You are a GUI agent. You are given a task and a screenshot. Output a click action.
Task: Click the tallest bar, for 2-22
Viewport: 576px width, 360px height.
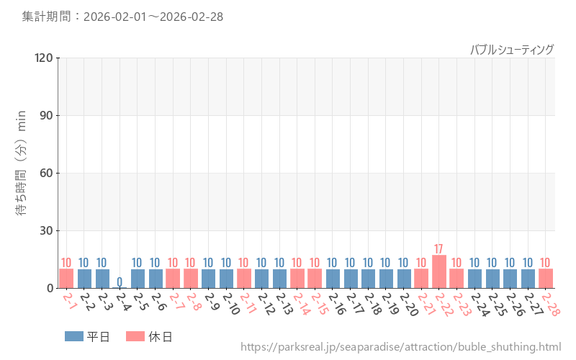[x=438, y=271]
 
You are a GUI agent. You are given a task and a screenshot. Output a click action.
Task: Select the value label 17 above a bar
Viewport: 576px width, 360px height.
[x=438, y=249]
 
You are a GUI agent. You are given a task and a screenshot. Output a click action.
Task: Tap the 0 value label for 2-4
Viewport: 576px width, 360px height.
[x=120, y=282]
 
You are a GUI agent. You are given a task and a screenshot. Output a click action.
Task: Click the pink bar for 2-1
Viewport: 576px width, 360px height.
[x=66, y=278]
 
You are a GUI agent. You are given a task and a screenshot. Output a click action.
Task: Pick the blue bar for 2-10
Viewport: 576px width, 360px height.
[x=226, y=278]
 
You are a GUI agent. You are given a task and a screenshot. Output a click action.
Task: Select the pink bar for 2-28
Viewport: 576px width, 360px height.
[x=545, y=278]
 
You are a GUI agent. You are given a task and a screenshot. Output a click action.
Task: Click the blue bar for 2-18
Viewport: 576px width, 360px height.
[x=368, y=278]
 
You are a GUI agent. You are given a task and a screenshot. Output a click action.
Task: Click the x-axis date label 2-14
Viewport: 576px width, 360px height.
[x=301, y=305]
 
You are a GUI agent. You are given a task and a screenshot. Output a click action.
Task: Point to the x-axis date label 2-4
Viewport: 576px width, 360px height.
[x=122, y=303]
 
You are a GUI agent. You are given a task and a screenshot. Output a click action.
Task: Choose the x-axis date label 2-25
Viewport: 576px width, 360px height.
[x=496, y=305]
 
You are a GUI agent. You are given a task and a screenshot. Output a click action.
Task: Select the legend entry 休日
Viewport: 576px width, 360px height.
[x=149, y=336]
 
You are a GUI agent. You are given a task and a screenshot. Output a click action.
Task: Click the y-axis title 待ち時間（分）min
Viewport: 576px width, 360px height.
[x=22, y=172]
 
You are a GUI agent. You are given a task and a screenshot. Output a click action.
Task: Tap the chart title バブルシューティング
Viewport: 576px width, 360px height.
[x=512, y=49]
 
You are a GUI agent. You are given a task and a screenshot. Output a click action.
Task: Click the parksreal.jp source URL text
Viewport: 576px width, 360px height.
[x=400, y=347]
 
